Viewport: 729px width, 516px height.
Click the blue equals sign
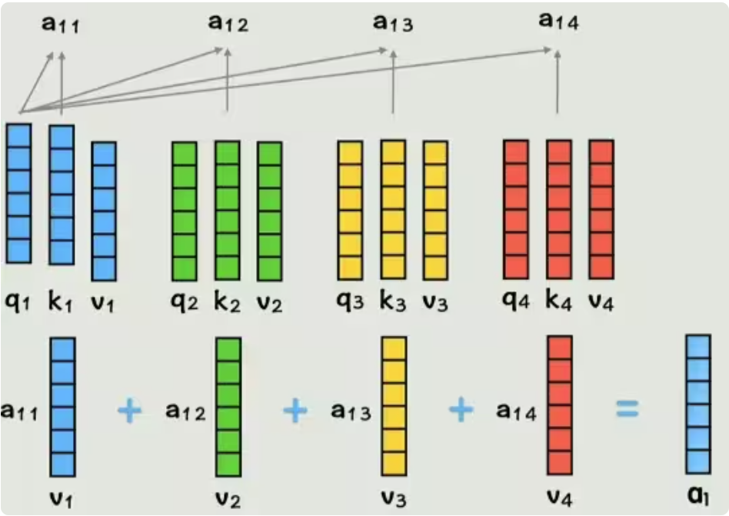[x=627, y=410]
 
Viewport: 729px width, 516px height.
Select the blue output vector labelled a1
[x=697, y=403]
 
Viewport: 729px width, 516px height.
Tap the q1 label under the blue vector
[x=16, y=301]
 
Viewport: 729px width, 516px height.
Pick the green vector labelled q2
[x=184, y=211]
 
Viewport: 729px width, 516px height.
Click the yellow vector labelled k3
[x=392, y=209]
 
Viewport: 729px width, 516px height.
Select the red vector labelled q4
[x=515, y=209]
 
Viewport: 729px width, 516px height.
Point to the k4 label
[x=559, y=301]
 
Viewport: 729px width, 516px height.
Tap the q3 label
[x=351, y=301]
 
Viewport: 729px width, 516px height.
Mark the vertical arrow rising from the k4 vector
[x=558, y=82]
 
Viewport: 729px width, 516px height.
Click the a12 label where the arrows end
[x=228, y=23]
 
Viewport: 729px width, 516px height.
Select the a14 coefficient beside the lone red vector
[x=517, y=411]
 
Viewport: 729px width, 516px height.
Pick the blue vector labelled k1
[x=62, y=194]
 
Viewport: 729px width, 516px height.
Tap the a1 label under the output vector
[x=698, y=496]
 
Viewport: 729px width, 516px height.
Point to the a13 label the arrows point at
[x=393, y=23]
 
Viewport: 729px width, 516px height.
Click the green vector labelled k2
[x=227, y=211]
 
